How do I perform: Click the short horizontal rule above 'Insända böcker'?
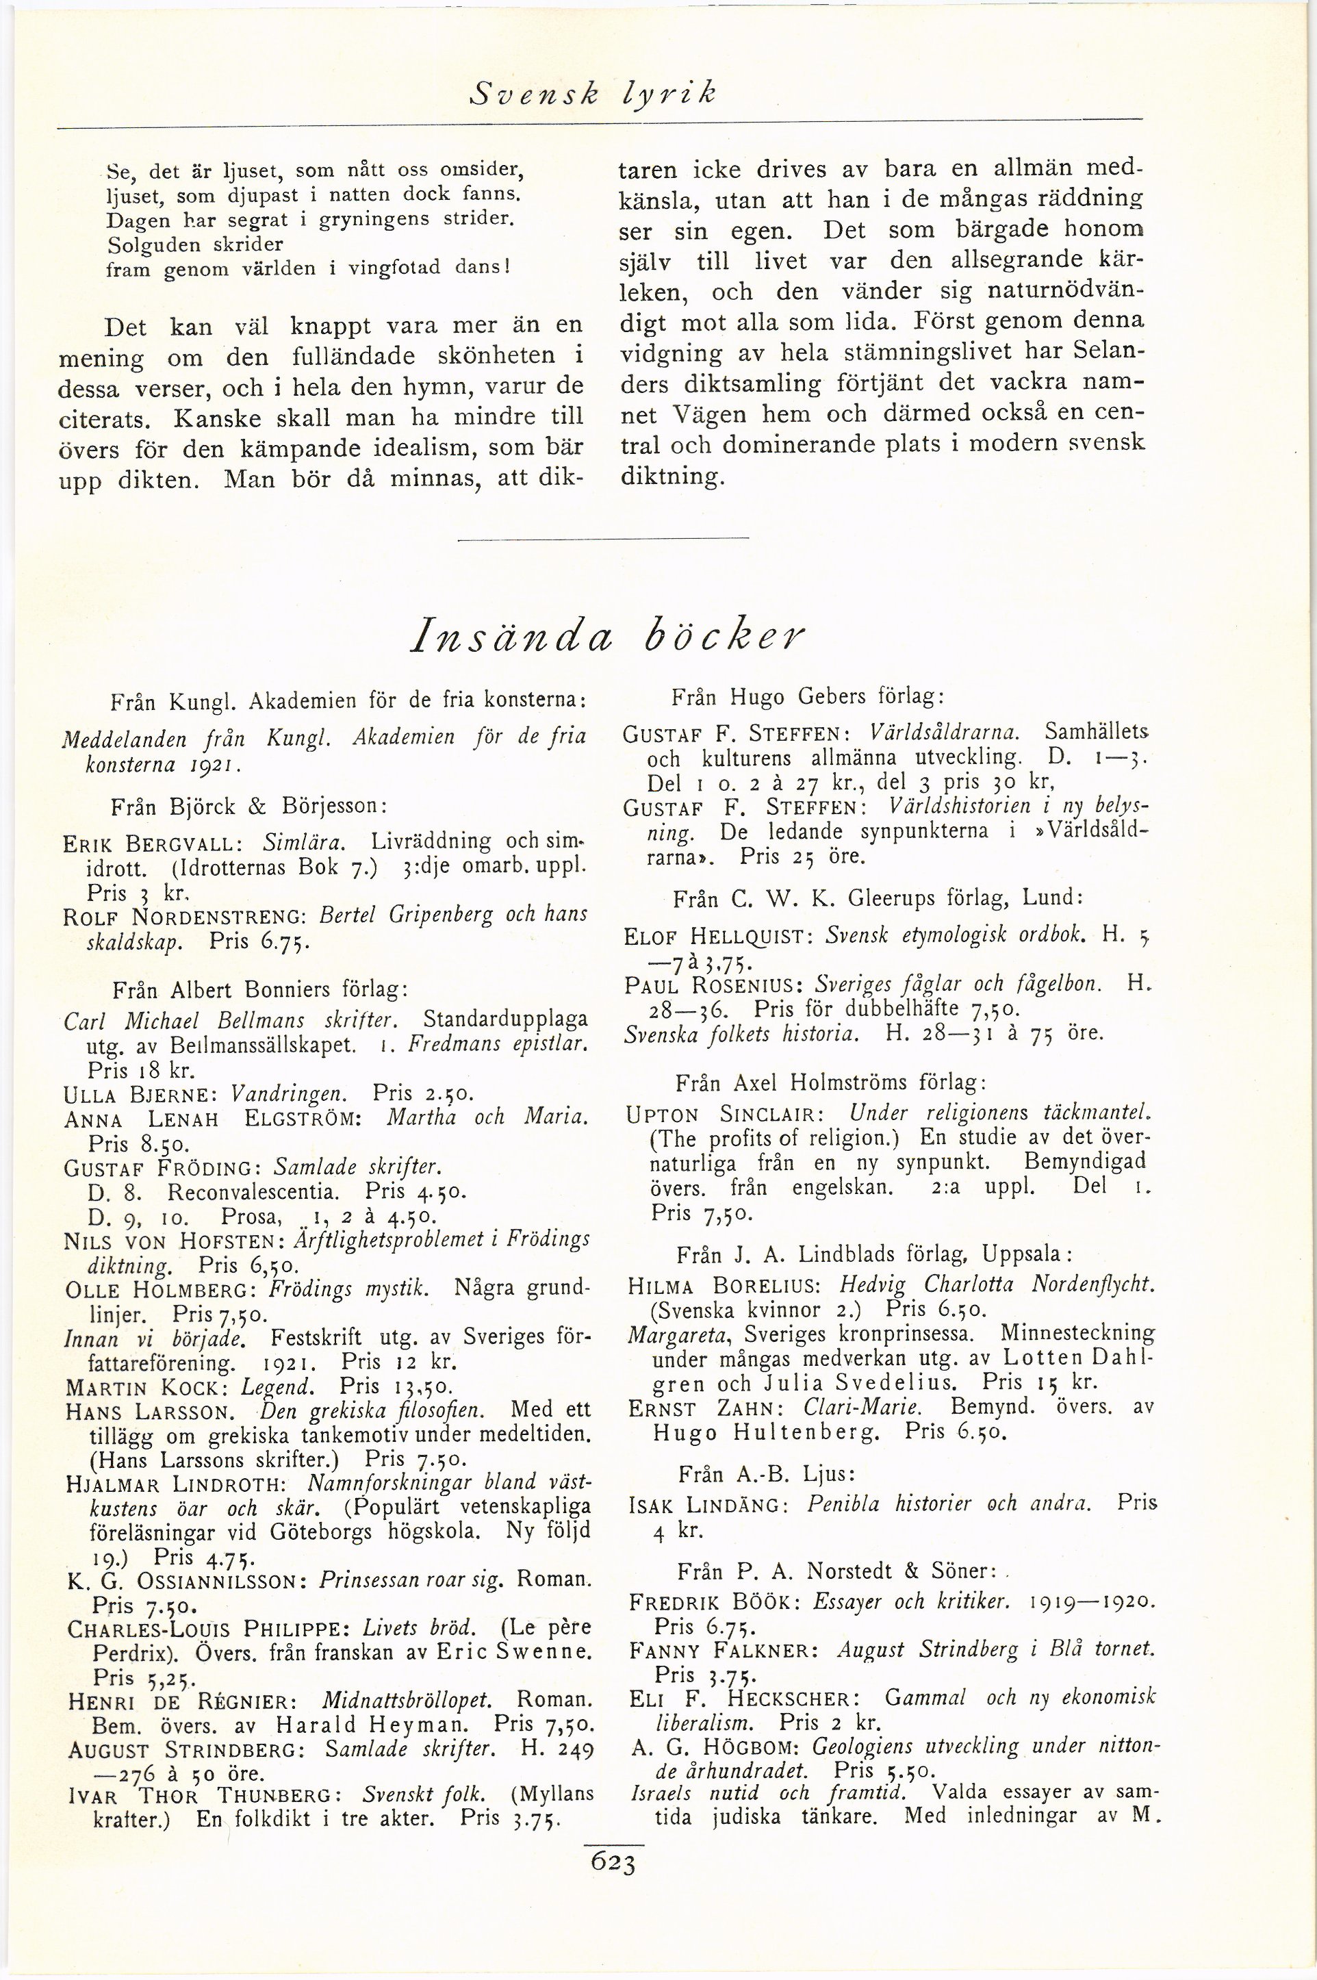pos(603,537)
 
